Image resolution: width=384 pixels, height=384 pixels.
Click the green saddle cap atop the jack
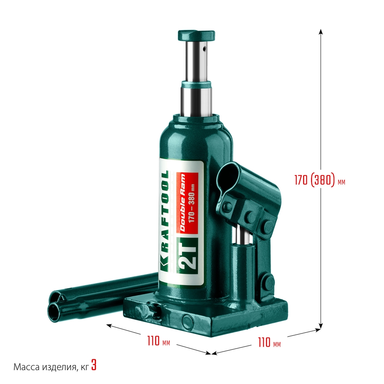coord(196,36)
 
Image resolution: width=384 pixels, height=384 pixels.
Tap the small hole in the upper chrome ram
coord(204,50)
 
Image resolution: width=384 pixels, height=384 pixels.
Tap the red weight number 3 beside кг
coord(94,365)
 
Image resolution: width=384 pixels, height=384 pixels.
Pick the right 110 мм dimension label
coord(270,342)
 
